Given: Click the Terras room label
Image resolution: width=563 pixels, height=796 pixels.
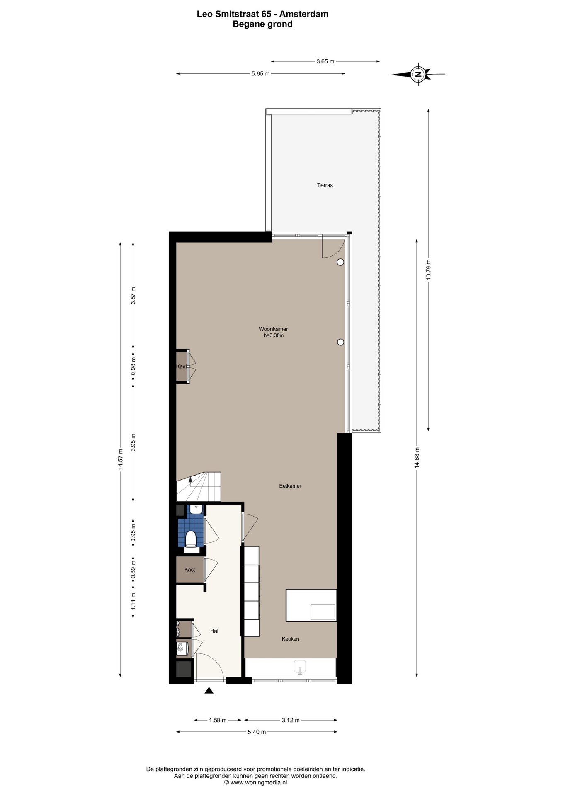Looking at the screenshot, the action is coord(325,185).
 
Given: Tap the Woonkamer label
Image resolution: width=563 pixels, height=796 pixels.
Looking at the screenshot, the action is coord(273,329).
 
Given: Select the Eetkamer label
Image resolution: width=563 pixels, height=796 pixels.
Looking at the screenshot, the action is coord(290,486).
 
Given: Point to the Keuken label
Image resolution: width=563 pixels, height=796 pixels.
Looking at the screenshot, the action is coord(290,639).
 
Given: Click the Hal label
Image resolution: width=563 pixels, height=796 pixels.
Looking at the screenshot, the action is coord(214,631).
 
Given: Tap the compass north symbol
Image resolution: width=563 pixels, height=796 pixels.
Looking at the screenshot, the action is coord(418,74).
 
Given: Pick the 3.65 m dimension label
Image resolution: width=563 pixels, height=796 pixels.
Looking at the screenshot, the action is coord(325,61).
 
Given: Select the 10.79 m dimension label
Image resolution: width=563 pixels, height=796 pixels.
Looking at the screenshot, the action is coord(429,269).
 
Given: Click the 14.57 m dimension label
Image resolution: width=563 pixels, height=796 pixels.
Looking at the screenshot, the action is coord(120,459).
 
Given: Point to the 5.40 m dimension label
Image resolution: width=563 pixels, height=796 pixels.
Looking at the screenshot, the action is coord(257,732).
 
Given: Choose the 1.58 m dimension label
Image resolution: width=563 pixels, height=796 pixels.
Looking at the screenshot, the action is coord(218,720).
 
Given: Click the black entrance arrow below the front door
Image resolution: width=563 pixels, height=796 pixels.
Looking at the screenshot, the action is coord(209,690).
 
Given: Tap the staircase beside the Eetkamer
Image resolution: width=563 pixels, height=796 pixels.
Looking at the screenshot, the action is coord(199,487).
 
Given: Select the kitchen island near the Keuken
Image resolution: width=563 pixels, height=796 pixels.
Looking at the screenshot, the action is coord(311,605).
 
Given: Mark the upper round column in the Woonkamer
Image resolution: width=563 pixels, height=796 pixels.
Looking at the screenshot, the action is coord(340,262).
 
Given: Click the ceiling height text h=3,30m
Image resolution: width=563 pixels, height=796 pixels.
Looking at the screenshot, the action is coord(274,335).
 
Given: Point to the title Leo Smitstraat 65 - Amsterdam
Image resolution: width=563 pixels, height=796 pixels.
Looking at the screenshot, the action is coord(262,14).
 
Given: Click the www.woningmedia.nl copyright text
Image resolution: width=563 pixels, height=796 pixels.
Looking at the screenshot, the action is coord(255,782).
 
